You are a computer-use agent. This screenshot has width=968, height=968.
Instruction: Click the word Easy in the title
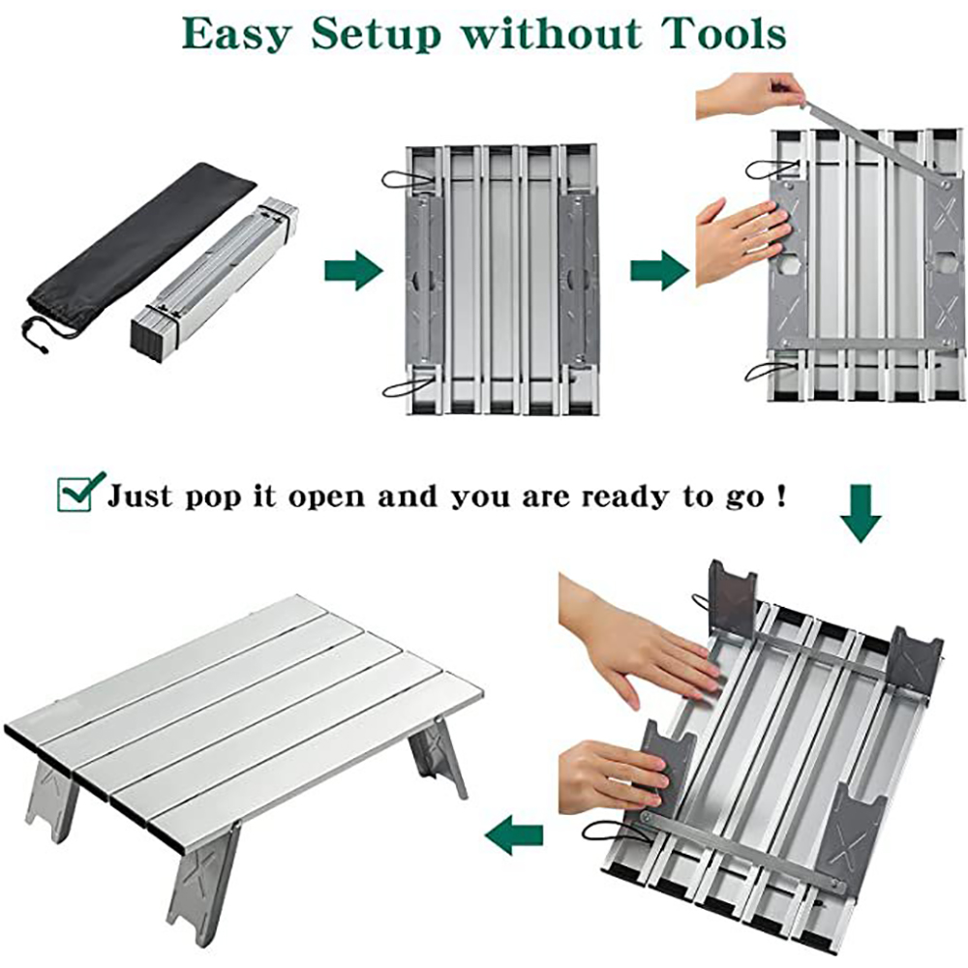(234, 35)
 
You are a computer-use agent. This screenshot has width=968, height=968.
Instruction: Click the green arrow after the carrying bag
(353, 270)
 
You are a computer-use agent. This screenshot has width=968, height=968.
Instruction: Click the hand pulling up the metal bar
(750, 95)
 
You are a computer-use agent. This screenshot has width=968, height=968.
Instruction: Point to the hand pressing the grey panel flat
(743, 242)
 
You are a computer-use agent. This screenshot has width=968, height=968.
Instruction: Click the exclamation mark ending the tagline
(782, 495)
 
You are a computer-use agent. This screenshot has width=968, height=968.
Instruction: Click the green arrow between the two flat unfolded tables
(659, 270)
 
